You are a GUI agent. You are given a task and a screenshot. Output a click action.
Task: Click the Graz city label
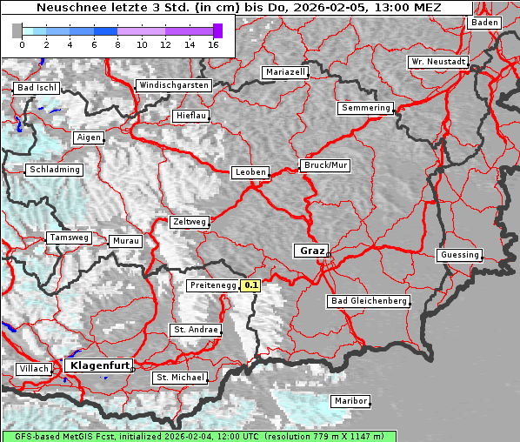312,251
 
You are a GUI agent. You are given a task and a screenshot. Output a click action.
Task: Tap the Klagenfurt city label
99,365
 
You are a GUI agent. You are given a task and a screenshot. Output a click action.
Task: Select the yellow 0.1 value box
251,285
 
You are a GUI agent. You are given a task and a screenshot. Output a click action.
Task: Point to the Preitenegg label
212,285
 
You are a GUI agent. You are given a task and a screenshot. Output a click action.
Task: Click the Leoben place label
250,172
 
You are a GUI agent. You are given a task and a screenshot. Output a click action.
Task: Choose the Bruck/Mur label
325,164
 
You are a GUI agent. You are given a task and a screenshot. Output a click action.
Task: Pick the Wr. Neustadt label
438,63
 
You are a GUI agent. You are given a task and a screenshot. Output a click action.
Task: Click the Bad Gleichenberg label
368,301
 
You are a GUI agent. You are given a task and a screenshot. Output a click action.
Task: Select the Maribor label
350,401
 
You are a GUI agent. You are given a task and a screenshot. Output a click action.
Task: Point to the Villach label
34,369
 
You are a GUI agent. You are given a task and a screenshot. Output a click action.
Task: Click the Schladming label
54,170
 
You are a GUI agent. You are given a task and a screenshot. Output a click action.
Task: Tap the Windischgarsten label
173,85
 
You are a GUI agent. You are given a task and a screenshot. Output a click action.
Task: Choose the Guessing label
458,255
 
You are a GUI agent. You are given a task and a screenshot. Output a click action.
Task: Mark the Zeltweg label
189,222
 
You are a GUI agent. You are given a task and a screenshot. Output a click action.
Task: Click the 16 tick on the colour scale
213,44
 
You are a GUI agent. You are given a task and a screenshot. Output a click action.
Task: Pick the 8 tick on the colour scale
117,44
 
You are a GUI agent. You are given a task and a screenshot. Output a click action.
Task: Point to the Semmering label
365,108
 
